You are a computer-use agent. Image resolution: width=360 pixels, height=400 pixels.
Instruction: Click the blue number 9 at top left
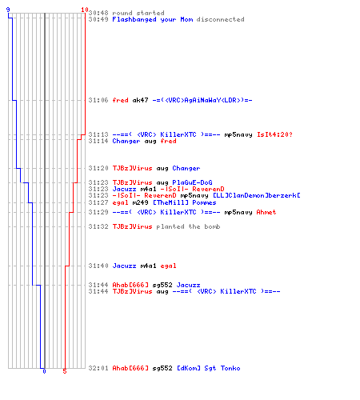(x=8, y=10)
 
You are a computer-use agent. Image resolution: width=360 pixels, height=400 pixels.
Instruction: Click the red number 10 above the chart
(x=85, y=10)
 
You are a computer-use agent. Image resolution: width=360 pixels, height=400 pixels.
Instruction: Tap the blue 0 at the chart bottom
(x=44, y=371)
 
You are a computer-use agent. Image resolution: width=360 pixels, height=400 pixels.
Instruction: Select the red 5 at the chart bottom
(x=65, y=371)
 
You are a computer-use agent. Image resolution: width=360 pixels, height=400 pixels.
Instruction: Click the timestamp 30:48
(x=98, y=13)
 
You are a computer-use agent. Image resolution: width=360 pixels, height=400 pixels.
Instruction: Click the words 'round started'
(x=138, y=13)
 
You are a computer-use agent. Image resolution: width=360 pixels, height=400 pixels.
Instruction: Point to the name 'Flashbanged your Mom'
(x=153, y=19)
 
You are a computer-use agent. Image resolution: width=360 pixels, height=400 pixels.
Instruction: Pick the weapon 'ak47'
(x=140, y=100)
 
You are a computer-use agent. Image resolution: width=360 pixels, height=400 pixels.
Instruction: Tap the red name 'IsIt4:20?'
(x=274, y=134)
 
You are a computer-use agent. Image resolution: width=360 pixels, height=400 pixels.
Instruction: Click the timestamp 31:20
(x=98, y=168)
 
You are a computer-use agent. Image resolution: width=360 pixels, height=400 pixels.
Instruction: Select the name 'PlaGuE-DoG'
(x=192, y=182)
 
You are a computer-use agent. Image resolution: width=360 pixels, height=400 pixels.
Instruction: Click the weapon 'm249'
(x=140, y=202)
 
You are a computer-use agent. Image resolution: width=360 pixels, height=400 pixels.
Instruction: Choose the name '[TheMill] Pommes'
(x=184, y=202)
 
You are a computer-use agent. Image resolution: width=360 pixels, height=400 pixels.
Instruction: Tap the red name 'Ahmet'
(x=266, y=212)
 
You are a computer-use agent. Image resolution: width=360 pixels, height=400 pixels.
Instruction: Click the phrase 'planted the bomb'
(x=188, y=226)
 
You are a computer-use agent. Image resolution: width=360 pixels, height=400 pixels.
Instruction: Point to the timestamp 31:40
(x=98, y=266)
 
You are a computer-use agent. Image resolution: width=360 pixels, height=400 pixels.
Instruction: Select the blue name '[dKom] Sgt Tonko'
(x=209, y=368)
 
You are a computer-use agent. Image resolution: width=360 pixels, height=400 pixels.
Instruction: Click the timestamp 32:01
(x=98, y=368)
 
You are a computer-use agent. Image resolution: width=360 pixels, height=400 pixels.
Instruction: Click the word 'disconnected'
(x=220, y=19)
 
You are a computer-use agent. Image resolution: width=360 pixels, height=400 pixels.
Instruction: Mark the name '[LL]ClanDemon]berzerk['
(x=257, y=195)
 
